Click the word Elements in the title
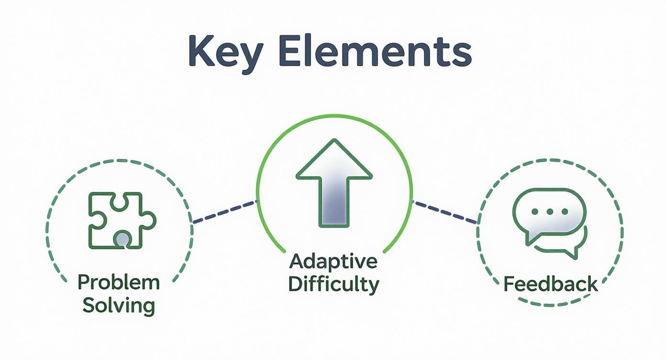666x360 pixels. pyautogui.click(x=376, y=51)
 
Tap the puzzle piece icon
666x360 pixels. pyautogui.click(x=122, y=220)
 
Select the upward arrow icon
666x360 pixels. pyautogui.click(x=334, y=183)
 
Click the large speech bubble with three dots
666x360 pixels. pyautogui.click(x=549, y=216)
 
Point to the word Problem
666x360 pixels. pyautogui.click(x=119, y=282)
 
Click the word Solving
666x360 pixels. pyautogui.click(x=119, y=305)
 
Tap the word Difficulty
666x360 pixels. pyautogui.click(x=333, y=284)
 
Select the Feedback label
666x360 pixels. pyautogui.click(x=550, y=284)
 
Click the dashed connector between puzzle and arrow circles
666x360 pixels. pyautogui.click(x=225, y=212)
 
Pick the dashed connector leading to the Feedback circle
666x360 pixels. pyautogui.click(x=445, y=212)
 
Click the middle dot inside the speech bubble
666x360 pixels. pyautogui.click(x=550, y=212)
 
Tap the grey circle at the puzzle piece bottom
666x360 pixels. pyautogui.click(x=122, y=239)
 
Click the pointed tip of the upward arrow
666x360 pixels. pyautogui.click(x=334, y=140)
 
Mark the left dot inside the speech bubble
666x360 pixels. pyautogui.click(x=534, y=212)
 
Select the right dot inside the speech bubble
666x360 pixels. pyautogui.click(x=565, y=212)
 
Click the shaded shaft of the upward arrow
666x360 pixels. pyautogui.click(x=334, y=202)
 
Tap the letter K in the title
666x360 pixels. pyautogui.click(x=203, y=51)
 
